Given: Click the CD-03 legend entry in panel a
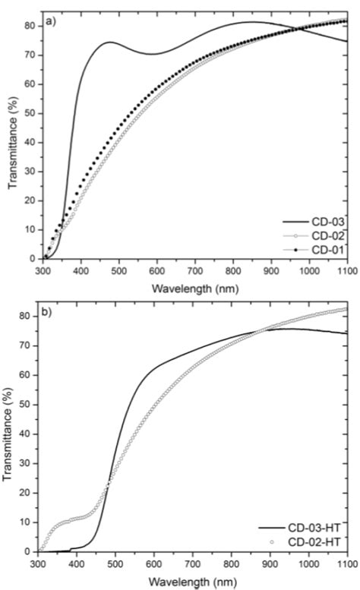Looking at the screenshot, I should (x=324, y=221).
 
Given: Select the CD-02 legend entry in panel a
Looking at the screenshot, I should (x=324, y=235).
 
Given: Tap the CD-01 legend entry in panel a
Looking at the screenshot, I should (x=324, y=248).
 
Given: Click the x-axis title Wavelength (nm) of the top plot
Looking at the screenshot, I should (x=192, y=287).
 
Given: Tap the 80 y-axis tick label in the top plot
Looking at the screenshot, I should (x=28, y=25).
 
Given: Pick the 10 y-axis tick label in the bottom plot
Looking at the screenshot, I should (x=28, y=522).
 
